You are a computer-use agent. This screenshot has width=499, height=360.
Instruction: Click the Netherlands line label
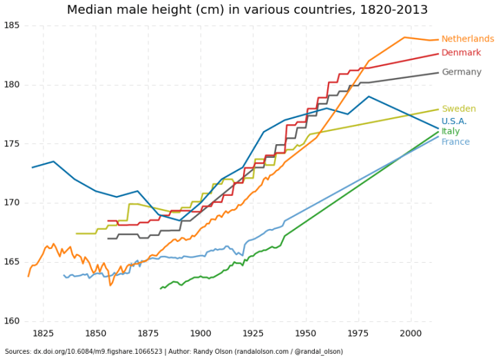pos(467,39)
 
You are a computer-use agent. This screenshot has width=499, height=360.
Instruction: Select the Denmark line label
pos(461,53)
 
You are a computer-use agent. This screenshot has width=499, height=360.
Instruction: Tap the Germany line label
pos(461,72)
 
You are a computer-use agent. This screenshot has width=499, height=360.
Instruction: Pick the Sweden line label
pos(458,109)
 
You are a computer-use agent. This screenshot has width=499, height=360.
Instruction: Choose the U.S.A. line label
pos(454,122)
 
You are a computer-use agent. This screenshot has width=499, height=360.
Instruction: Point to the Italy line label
pos(450,132)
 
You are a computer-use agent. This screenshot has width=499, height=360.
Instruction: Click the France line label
pos(455,142)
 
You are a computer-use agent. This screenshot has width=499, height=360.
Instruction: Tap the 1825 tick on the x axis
pos(43,334)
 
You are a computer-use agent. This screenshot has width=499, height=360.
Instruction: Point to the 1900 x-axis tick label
pos(200,334)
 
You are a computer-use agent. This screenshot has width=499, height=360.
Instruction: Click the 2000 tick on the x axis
pos(411,334)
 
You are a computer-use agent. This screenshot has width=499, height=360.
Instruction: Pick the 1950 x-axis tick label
pos(306,334)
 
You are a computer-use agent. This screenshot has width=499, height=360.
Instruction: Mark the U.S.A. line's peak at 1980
pos(369,97)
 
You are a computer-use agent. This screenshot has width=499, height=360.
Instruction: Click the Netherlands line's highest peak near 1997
pos(404,37)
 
